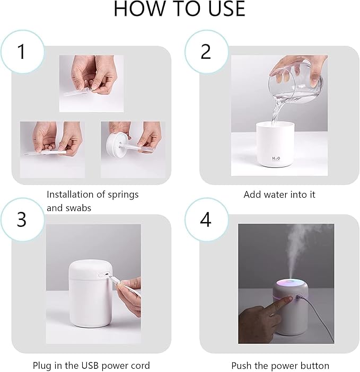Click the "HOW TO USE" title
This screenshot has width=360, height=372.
(180, 9)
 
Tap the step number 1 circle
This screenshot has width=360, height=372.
(21, 51)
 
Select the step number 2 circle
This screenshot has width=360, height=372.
(206, 51)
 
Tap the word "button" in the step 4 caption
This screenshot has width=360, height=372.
(314, 366)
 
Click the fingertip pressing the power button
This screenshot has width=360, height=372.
(289, 300)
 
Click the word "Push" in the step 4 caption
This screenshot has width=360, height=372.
(242, 366)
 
